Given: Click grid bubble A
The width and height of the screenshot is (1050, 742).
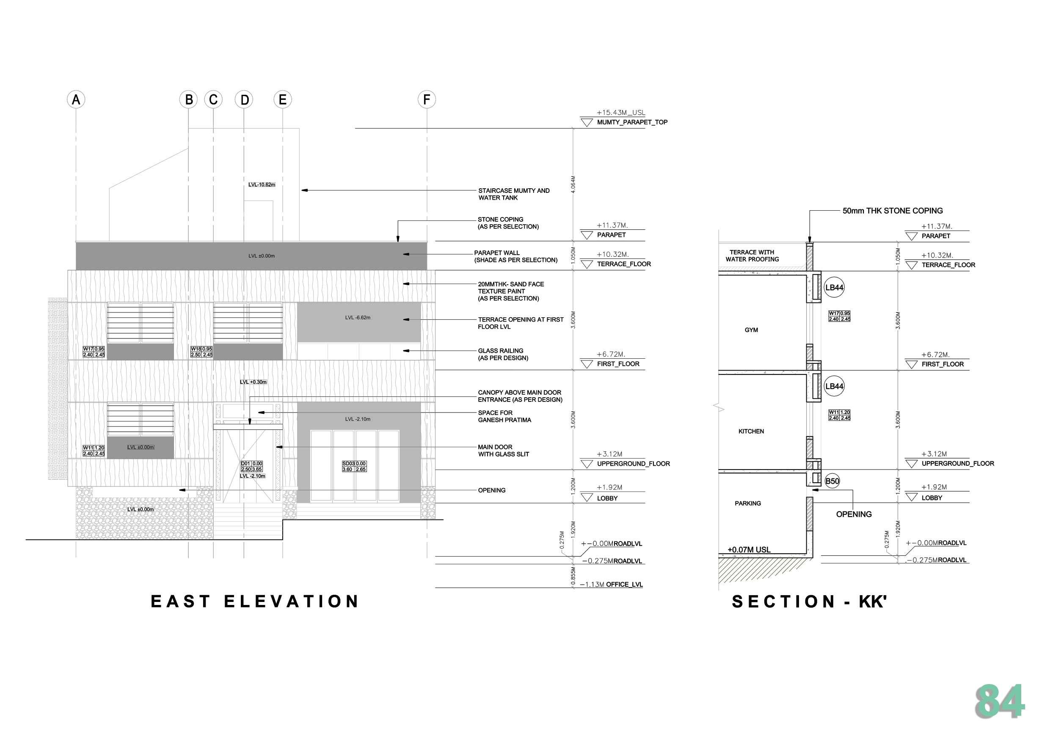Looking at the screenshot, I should (x=76, y=99).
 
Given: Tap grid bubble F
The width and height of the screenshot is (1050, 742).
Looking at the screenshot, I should (x=426, y=99).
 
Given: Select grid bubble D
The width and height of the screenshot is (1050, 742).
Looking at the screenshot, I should (x=244, y=99).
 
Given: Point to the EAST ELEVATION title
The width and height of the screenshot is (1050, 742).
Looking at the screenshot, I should (x=255, y=601).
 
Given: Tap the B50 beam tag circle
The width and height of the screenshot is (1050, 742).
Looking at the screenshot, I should (x=832, y=481).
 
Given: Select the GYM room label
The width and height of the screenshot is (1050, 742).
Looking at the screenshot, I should (x=751, y=330).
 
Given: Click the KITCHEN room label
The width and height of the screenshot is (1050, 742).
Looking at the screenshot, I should (x=751, y=431).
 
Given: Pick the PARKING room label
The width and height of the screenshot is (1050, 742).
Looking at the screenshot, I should (x=748, y=503).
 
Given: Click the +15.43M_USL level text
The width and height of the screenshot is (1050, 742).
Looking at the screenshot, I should (x=620, y=113).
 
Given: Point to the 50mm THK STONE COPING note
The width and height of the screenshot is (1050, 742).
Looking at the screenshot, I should (x=892, y=211).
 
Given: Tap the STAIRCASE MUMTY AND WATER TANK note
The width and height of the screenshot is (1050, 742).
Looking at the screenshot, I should (x=513, y=194).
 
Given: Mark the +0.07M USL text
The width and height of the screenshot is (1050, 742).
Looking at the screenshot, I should (x=749, y=550).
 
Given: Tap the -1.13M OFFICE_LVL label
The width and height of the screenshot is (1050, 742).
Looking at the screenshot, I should (x=611, y=584).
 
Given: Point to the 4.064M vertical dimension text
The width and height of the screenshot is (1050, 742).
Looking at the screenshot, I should (x=573, y=184).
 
